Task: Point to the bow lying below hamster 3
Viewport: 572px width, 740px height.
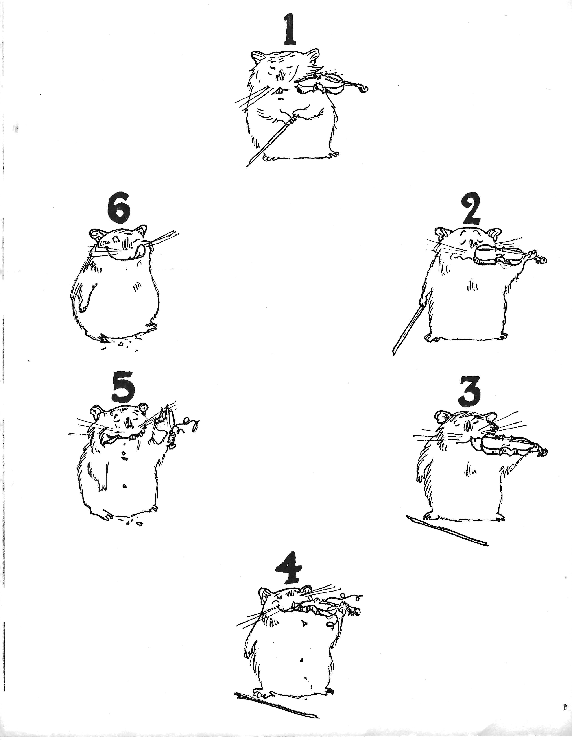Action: (x=447, y=535)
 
